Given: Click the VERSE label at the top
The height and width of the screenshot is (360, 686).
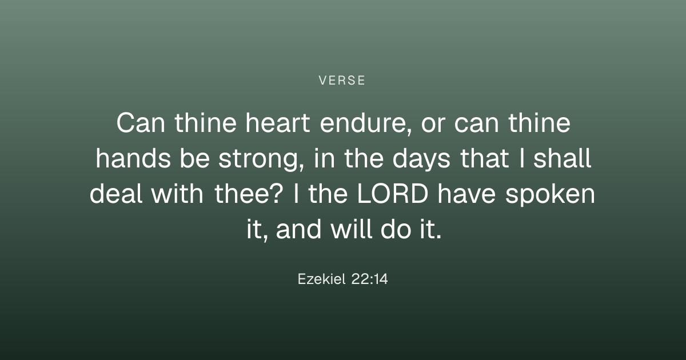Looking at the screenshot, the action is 342,81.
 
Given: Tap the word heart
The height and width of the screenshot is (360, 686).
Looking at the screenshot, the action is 278,123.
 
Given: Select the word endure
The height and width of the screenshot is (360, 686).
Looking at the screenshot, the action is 365,123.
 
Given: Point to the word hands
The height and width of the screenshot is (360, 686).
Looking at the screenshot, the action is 133,158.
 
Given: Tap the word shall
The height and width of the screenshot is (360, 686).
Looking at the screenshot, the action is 563,158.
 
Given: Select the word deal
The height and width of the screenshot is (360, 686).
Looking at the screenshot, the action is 116,194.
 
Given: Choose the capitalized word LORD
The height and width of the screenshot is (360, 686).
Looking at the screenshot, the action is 393,194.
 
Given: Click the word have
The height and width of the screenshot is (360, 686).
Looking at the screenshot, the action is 466,194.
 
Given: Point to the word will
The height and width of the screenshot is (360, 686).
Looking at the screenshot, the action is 352,229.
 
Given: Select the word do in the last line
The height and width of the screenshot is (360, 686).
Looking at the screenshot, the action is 396,229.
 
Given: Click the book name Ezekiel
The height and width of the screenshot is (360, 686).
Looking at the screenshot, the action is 321,279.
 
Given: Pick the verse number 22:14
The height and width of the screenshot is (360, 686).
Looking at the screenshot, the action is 370,279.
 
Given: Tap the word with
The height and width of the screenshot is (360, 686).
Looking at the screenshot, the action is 177,194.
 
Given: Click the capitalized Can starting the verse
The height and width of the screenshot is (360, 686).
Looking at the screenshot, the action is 141,123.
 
